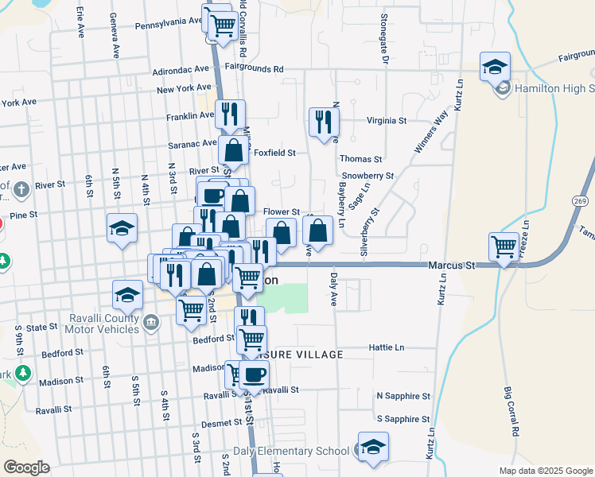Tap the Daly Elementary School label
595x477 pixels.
click(x=291, y=452)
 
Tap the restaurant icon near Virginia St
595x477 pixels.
click(x=323, y=122)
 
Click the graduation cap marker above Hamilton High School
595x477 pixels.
click(x=495, y=67)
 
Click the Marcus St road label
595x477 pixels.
click(x=450, y=264)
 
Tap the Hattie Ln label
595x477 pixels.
click(x=387, y=347)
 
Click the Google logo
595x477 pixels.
click(x=26, y=467)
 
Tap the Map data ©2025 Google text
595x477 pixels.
click(x=545, y=471)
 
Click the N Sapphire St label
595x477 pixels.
click(x=403, y=395)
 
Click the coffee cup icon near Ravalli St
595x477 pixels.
click(x=255, y=374)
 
